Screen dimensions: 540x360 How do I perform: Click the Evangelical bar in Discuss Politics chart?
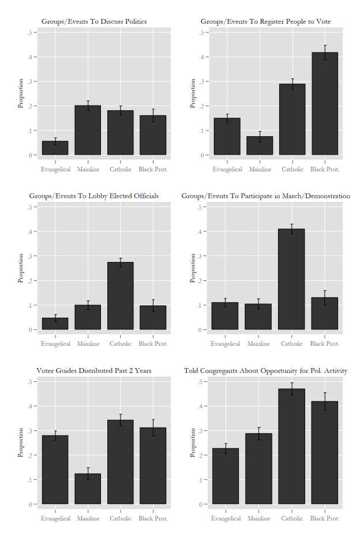click(x=55, y=148)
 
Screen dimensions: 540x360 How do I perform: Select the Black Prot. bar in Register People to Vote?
click(x=325, y=104)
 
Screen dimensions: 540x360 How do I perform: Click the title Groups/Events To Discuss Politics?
click(x=94, y=21)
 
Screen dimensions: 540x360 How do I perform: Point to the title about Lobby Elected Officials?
click(x=94, y=196)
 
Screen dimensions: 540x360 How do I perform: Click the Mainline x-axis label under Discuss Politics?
click(x=88, y=170)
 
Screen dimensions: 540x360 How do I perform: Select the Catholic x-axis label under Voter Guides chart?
click(x=120, y=519)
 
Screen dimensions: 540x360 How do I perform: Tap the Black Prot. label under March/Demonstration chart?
click(x=325, y=344)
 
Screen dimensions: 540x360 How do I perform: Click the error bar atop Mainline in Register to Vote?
click(x=260, y=136)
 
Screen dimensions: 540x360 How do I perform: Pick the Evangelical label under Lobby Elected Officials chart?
click(x=55, y=344)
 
